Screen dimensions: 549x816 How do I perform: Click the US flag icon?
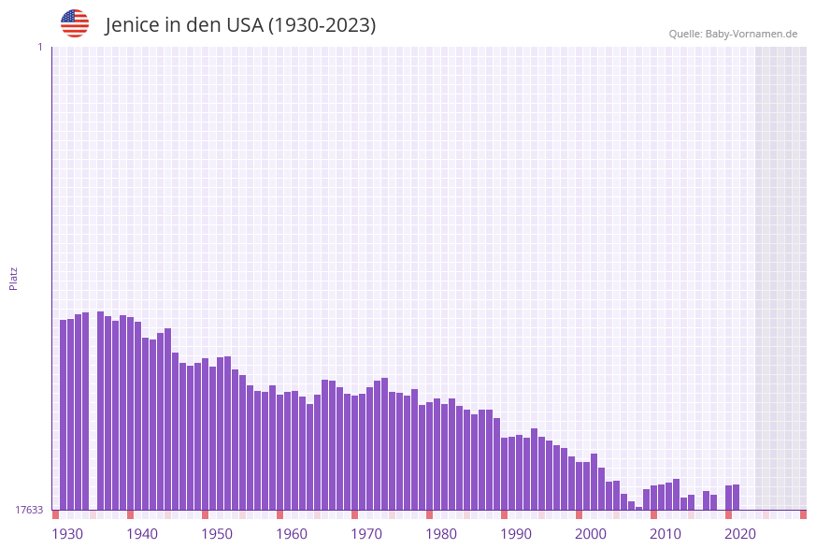click(75, 23)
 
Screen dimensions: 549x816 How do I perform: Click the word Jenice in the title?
click(133, 25)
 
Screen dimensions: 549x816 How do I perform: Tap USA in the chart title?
click(244, 25)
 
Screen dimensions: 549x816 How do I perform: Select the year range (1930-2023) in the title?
click(322, 25)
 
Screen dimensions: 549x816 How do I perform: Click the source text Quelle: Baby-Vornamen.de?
click(733, 34)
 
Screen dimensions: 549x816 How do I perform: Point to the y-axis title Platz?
click(14, 278)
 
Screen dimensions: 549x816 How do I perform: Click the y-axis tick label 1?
click(39, 47)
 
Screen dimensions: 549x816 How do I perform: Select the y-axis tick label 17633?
click(29, 510)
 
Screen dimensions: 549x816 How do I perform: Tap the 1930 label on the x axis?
click(67, 534)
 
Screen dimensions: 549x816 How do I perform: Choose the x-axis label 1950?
click(217, 534)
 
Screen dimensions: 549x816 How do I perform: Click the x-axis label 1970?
click(366, 534)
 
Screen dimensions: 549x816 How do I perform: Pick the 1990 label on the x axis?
click(516, 534)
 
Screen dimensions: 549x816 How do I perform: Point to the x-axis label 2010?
click(666, 534)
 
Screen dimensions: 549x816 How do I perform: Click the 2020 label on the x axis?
click(740, 534)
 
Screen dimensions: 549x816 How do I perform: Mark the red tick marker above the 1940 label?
click(130, 514)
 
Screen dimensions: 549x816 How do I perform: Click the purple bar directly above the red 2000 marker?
click(579, 485)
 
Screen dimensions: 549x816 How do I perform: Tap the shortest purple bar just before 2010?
click(639, 508)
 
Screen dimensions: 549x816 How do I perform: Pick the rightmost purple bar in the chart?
click(737, 497)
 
